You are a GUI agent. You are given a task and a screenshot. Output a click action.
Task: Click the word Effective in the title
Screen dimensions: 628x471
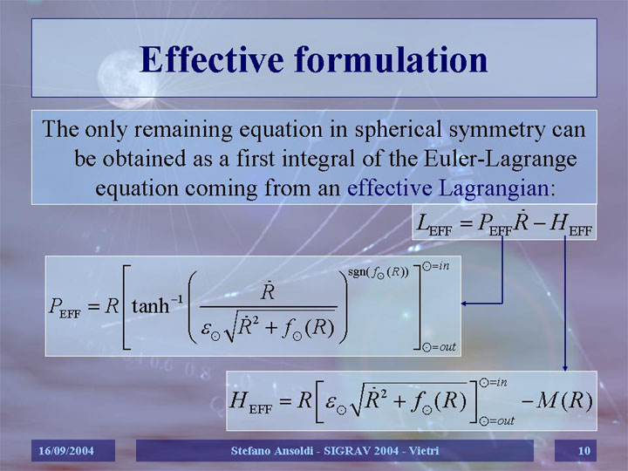212,59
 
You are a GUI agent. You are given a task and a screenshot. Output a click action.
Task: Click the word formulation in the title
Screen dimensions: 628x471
392,59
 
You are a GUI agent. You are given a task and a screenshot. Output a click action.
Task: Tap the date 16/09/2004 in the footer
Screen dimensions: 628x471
66,451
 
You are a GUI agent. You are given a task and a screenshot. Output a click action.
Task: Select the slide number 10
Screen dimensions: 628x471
584,451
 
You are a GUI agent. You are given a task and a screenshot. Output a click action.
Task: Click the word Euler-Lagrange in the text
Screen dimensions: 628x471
501,159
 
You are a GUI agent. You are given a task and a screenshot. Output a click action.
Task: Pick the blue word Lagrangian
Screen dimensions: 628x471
494,188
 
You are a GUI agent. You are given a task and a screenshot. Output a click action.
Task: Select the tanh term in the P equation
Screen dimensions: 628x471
157,305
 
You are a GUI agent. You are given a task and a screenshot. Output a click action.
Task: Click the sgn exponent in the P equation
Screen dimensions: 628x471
378,272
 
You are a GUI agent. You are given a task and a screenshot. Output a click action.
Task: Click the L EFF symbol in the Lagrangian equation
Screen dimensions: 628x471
434,224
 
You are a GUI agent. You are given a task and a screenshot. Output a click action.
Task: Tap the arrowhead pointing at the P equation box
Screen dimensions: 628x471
465,304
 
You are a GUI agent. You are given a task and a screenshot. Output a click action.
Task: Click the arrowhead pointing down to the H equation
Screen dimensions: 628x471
565,367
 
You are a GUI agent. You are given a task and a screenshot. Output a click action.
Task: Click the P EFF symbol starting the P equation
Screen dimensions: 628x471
64,308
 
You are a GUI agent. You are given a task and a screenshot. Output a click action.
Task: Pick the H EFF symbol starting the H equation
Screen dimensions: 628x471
250,402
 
